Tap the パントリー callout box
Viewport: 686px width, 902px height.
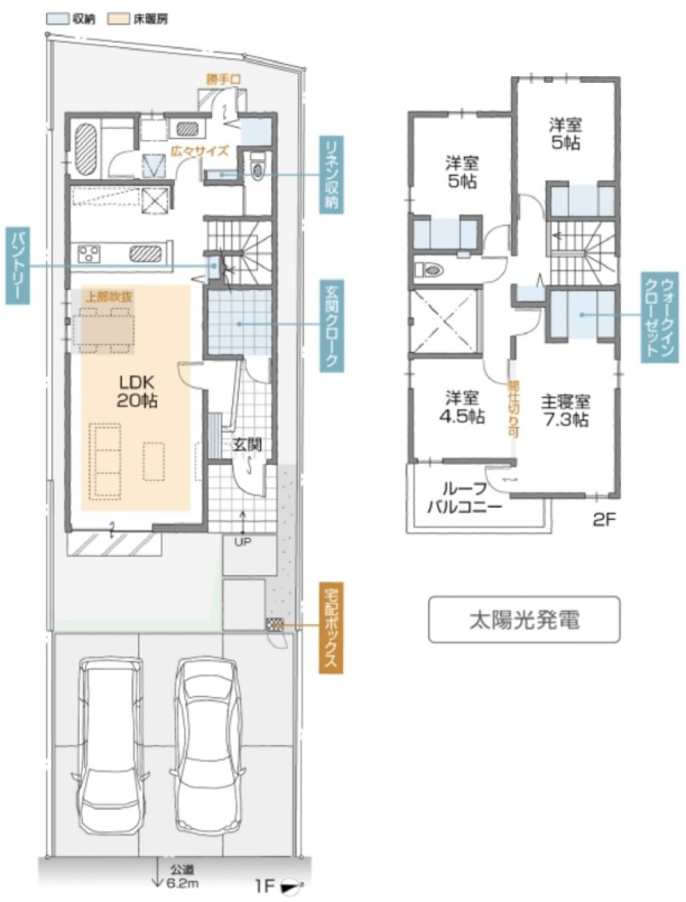click(x=15, y=266)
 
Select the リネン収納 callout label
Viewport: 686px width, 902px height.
click(x=332, y=174)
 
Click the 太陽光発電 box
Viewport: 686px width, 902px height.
click(x=524, y=619)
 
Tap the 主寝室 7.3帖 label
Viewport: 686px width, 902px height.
click(x=565, y=410)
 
